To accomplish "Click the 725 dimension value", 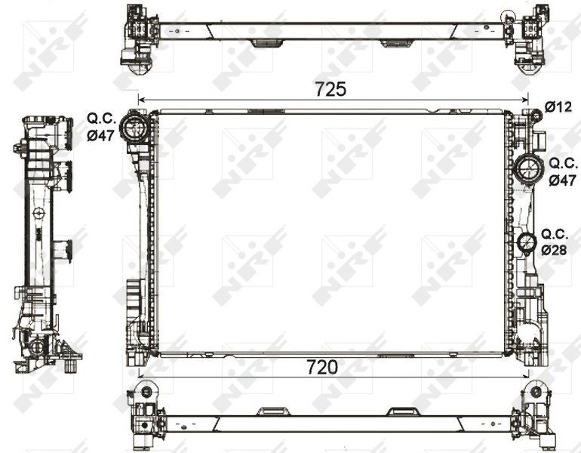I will (x=330, y=88).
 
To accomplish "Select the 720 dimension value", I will (x=321, y=367).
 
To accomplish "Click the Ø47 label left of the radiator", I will (x=100, y=136).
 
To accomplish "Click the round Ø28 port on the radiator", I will (x=527, y=244).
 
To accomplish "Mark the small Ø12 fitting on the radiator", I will (x=533, y=116).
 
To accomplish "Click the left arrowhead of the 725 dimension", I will (x=140, y=99).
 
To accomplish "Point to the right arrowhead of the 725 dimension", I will (x=524, y=99).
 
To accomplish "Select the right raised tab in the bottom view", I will (x=400, y=411).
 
